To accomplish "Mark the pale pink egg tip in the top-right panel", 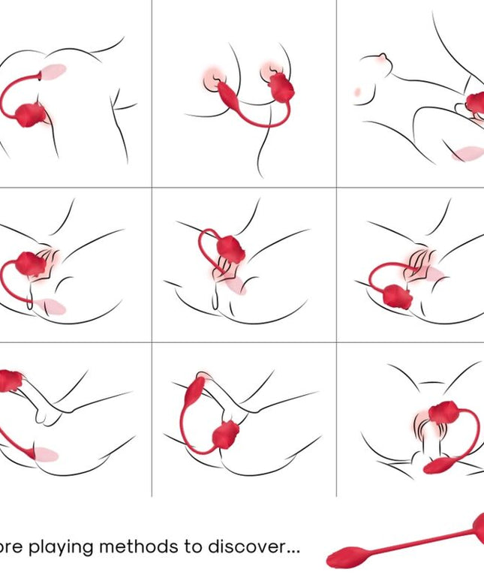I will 467,155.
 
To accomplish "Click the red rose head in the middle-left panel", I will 29,263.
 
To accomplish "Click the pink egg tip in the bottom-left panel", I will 48,454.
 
